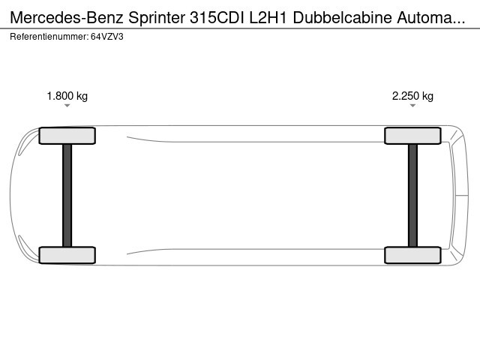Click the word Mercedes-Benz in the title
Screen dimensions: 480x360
click(67, 18)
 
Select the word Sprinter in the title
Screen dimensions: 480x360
click(157, 18)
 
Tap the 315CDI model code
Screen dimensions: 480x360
click(217, 18)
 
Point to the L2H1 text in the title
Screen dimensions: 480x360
click(268, 18)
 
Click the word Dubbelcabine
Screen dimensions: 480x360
click(342, 18)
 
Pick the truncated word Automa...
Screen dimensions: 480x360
click(431, 18)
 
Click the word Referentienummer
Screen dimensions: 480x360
click(49, 37)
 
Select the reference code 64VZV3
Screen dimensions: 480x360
click(107, 37)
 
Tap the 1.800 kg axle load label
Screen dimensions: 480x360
click(67, 96)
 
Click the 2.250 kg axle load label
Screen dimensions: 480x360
click(412, 96)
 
